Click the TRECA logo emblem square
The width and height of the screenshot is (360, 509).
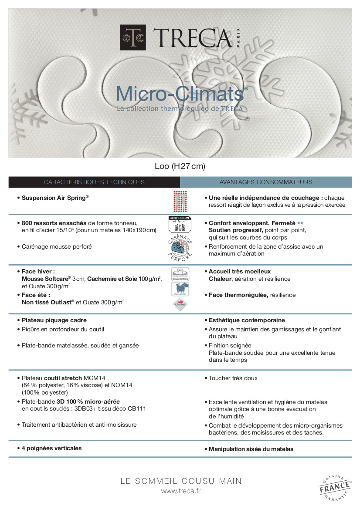132,37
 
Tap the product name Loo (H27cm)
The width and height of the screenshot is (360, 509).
180,166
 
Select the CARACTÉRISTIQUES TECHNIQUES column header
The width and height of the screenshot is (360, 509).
94,182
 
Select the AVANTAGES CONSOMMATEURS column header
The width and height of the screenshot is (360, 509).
266,182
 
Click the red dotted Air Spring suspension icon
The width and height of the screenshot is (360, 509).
180,200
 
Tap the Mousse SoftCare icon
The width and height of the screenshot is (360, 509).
180,274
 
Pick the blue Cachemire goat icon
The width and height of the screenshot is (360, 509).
180,289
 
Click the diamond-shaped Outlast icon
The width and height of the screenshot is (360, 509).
180,305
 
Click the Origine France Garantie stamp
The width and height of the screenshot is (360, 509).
334,486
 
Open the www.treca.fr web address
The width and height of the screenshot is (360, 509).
180,491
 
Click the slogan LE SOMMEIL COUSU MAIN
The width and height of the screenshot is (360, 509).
180,481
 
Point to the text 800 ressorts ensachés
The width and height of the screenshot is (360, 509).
54,222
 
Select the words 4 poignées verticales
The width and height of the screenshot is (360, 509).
51,448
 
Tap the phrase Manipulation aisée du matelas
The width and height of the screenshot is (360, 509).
251,449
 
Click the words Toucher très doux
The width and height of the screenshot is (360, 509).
233,378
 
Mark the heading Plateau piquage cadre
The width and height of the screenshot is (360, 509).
54,320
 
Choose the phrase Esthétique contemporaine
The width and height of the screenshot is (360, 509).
247,320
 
